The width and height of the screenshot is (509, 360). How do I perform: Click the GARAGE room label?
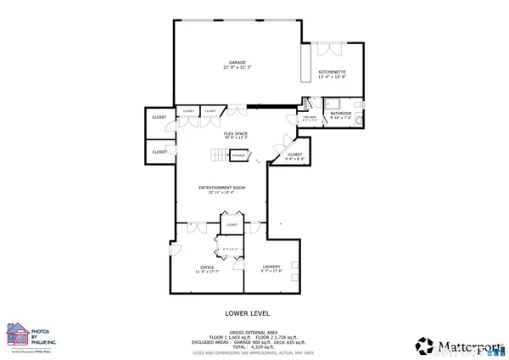click(x=237, y=62)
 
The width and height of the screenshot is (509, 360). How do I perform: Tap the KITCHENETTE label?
click(x=331, y=72)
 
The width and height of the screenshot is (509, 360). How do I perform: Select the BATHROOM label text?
click(x=341, y=113)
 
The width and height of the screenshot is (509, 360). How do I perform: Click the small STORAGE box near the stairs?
click(x=239, y=156)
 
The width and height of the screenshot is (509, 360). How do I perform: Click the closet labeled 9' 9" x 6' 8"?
click(x=294, y=155)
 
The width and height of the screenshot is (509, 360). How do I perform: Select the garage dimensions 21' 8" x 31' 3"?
click(x=237, y=67)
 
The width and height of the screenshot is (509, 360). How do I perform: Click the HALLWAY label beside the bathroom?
click(x=310, y=117)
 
